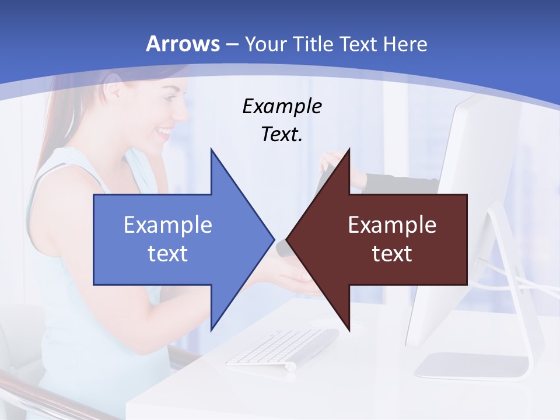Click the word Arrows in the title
[183, 44]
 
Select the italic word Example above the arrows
[282, 107]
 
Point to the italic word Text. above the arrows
[282, 135]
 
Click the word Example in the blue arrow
[168, 225]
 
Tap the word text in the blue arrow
[168, 253]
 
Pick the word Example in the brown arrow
[392, 225]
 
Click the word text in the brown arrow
[392, 253]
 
